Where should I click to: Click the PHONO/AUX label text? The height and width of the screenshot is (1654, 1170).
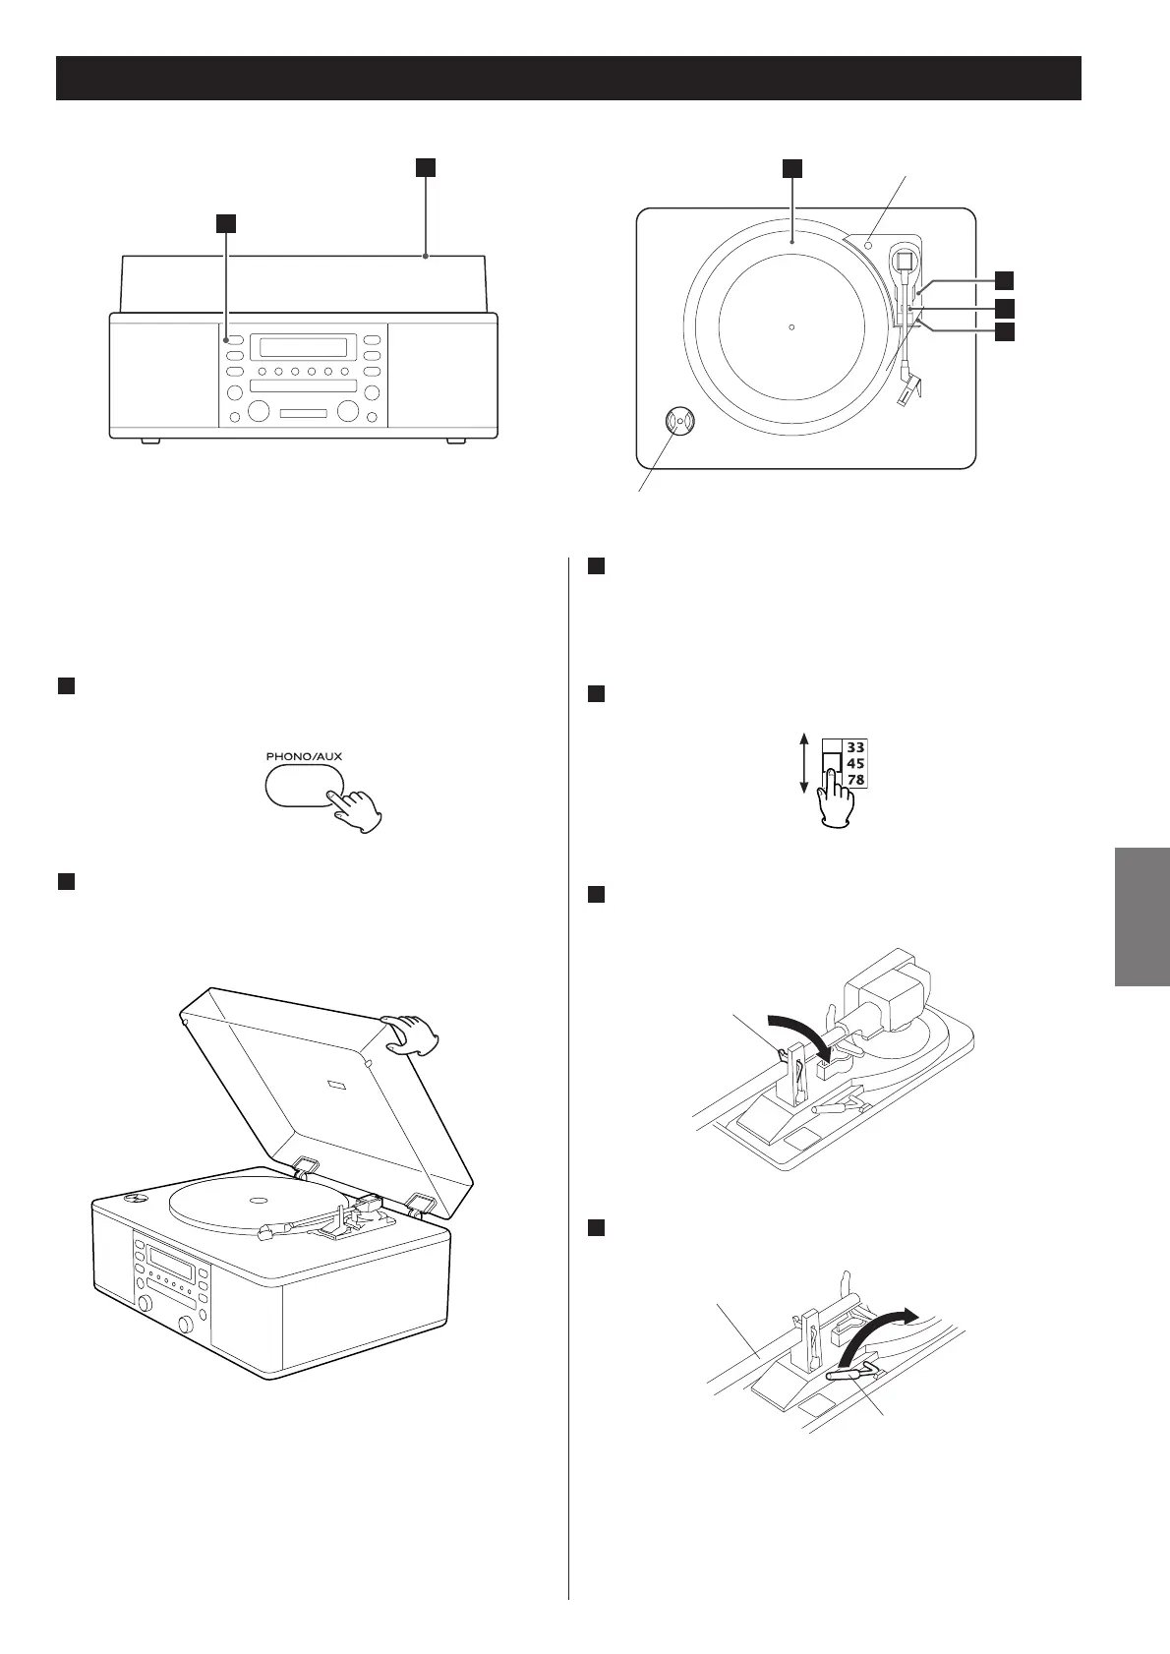coord(304,757)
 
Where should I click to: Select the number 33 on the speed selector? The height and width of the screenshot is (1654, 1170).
coord(855,747)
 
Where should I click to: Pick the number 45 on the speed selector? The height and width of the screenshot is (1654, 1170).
coord(855,763)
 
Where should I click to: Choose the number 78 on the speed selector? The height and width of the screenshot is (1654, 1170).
coord(855,779)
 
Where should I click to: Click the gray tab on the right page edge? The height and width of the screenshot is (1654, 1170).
coord(1141,916)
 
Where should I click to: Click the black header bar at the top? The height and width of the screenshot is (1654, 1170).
coord(568,79)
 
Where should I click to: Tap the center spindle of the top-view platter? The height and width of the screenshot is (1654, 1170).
coord(791,327)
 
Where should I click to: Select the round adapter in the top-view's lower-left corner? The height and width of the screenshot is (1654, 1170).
coord(678,421)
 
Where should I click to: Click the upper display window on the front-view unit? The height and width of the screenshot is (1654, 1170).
coord(298,347)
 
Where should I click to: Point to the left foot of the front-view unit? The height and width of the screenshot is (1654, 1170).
coord(149,440)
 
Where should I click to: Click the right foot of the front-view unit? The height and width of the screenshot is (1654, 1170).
coord(455,440)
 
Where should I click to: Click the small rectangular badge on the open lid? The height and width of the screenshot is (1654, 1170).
coord(336,1087)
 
